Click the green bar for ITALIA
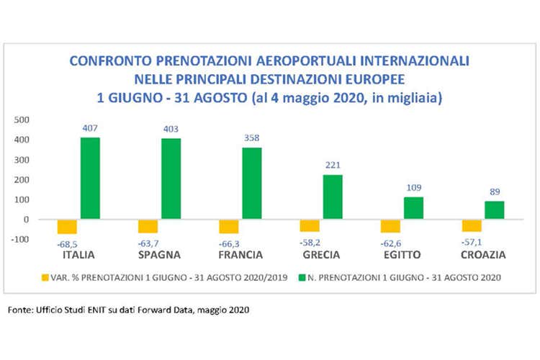(x=90, y=178)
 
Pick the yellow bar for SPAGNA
(x=148, y=226)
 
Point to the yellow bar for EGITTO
(x=391, y=226)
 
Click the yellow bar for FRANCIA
(x=229, y=226)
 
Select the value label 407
(x=90, y=129)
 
